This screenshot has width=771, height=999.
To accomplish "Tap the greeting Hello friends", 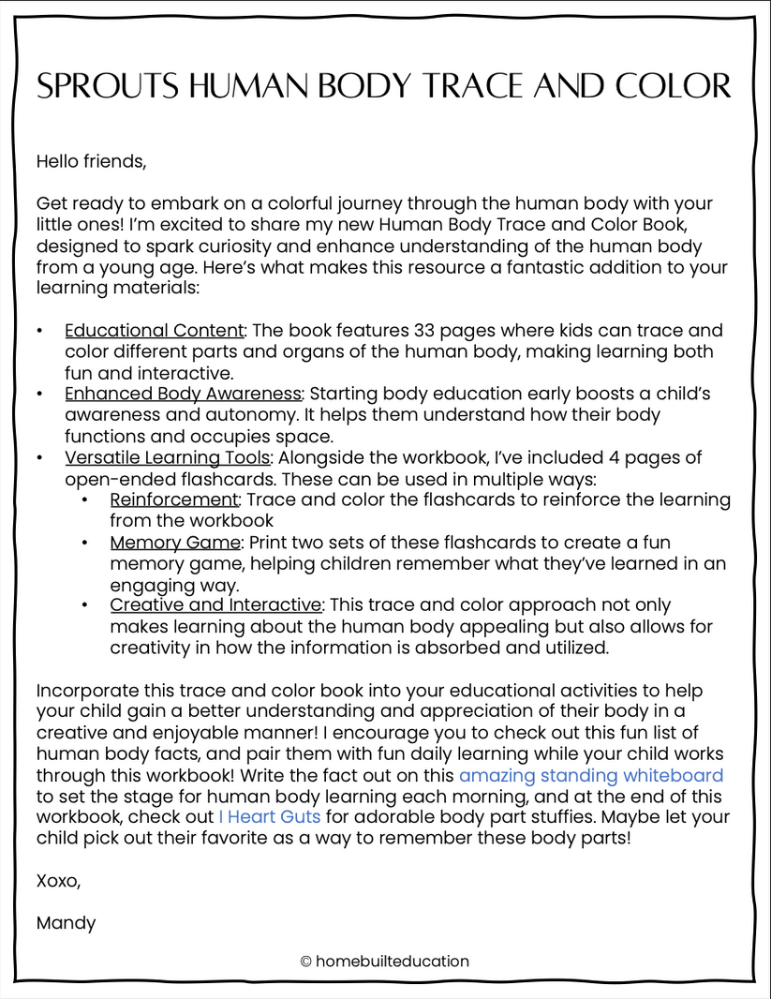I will tap(91, 161).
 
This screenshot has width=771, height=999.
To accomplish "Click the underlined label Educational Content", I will tap(155, 331).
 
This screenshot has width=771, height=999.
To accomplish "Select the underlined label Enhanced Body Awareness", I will tap(184, 394).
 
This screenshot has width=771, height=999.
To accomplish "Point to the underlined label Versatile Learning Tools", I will tap(168, 457).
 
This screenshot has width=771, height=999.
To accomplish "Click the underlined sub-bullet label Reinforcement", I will tap(174, 499).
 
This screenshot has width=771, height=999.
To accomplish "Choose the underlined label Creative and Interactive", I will tap(216, 605).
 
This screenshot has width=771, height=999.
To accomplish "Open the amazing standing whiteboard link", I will tap(590, 775).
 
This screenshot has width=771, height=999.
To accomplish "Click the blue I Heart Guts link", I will tap(270, 817).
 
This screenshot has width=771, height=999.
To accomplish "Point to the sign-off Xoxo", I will tap(58, 881).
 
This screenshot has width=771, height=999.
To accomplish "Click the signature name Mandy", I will tap(66, 923).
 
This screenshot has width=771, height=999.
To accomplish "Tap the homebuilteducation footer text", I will tap(393, 962).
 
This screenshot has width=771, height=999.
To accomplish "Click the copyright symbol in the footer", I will tap(305, 962).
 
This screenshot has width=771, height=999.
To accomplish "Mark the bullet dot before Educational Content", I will tap(39, 332).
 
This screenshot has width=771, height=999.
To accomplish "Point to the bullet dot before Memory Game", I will tap(85, 543).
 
